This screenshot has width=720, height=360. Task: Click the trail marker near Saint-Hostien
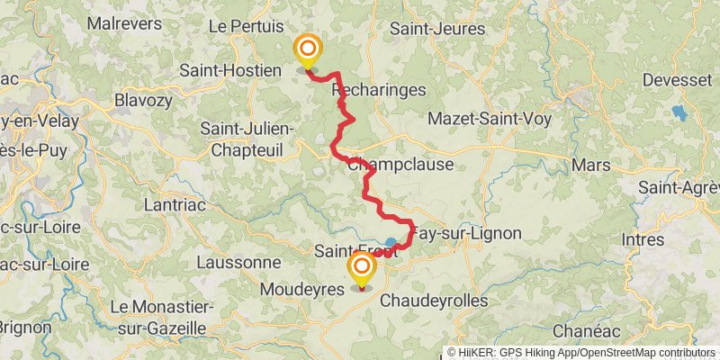click(x=308, y=49)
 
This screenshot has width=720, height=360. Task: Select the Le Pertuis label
click(x=246, y=27)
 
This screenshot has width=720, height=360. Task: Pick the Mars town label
click(x=590, y=166)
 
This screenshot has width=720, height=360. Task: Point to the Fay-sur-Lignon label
click(x=468, y=233)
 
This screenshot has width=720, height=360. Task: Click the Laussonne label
click(x=240, y=262)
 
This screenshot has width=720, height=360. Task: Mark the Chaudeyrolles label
click(x=434, y=300)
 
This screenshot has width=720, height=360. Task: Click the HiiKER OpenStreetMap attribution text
click(x=581, y=353)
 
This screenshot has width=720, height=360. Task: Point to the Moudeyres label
click(x=301, y=290)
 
